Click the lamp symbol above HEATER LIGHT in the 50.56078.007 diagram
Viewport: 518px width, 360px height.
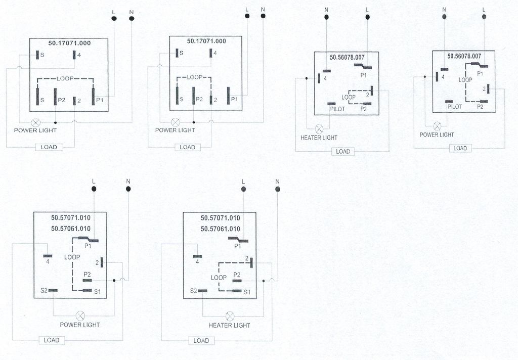319,128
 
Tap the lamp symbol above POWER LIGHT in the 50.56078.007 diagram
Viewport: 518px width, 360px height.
437,126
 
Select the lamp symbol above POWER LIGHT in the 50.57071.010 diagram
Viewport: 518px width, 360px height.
80,316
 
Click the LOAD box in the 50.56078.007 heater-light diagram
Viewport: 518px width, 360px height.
343,151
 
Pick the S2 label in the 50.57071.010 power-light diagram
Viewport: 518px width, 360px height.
44,291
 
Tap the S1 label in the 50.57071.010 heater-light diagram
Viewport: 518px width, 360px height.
247,292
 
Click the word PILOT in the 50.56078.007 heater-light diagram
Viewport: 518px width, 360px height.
337,109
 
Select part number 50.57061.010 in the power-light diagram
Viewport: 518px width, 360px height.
71,229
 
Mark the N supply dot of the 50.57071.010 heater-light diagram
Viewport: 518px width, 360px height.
278,189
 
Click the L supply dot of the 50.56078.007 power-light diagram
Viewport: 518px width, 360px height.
484,17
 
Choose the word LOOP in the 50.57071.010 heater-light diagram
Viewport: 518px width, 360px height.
219,278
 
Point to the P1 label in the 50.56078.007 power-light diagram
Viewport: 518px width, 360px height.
480,74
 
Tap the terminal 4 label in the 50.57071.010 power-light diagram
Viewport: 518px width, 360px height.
48,261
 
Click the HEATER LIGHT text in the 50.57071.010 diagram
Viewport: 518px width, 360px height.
230,325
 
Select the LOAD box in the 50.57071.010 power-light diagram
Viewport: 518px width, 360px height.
52,340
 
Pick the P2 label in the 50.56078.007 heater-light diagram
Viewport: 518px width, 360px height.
363,109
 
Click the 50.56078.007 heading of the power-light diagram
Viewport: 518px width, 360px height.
464,56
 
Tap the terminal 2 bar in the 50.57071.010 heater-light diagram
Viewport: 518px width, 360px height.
252,262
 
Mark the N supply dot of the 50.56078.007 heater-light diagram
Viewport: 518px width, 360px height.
326,17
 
